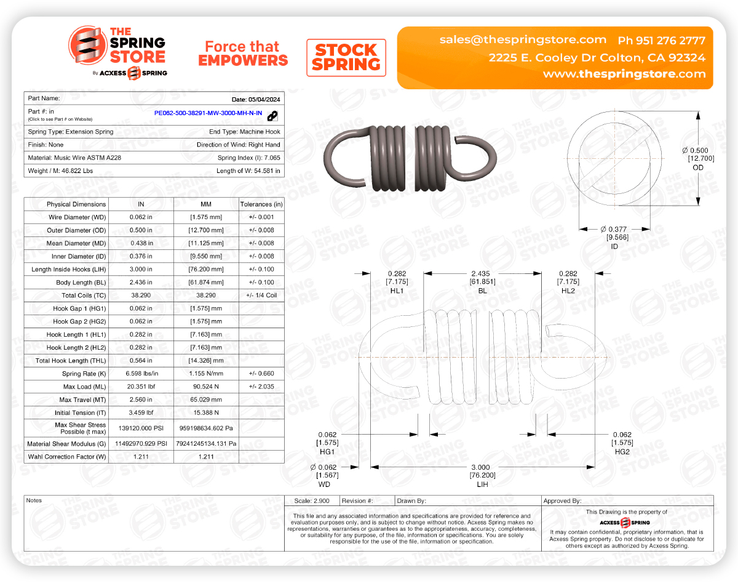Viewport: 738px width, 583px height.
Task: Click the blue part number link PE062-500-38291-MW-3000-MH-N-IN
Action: [x=208, y=114]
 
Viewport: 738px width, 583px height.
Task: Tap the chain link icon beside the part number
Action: [x=272, y=115]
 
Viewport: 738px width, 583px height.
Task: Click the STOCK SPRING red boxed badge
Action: [x=346, y=58]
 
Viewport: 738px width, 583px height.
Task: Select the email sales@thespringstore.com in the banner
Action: [x=523, y=39]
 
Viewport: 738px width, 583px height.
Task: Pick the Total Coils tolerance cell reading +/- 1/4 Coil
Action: [x=261, y=295]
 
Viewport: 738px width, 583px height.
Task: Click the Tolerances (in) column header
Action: [x=261, y=204]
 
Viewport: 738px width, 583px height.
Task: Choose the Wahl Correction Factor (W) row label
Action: [x=67, y=457]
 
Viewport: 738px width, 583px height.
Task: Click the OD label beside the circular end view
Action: [x=697, y=167]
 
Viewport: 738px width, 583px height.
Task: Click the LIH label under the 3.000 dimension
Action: [x=482, y=484]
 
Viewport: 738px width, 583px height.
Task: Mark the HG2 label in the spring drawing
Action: [x=622, y=451]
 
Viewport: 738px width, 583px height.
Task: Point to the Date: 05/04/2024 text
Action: [x=256, y=99]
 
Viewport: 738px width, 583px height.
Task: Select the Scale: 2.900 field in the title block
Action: [x=311, y=501]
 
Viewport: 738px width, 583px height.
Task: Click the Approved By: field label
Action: [x=562, y=501]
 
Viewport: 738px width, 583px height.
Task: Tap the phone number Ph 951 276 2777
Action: [x=661, y=41]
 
